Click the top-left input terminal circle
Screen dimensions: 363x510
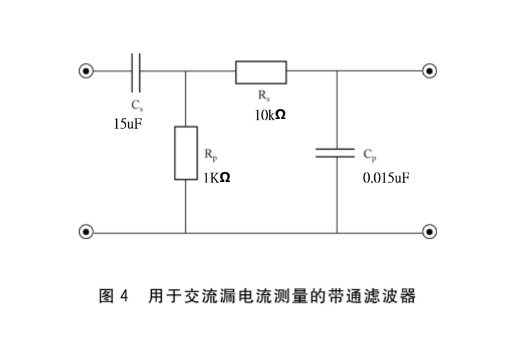tap(86, 71)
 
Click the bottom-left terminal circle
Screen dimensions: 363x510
tap(86, 233)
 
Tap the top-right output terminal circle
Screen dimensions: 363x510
tap(430, 71)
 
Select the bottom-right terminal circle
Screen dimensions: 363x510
tap(430, 233)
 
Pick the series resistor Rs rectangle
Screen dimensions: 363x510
tap(261, 72)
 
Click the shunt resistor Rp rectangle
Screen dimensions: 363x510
tap(186, 152)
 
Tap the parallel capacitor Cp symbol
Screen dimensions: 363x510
tap(336, 153)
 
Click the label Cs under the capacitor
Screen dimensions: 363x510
tap(136, 106)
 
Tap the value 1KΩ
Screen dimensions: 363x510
tap(217, 177)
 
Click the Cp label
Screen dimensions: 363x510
tap(370, 154)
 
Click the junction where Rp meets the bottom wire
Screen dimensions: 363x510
tap(186, 233)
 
